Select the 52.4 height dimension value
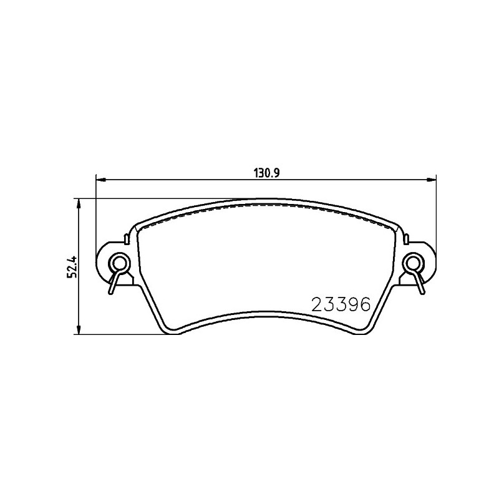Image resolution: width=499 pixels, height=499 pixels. coord(72,262)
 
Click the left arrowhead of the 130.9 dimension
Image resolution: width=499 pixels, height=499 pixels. coord(100,180)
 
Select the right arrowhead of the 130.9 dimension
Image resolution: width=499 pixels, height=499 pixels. coord(432,180)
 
